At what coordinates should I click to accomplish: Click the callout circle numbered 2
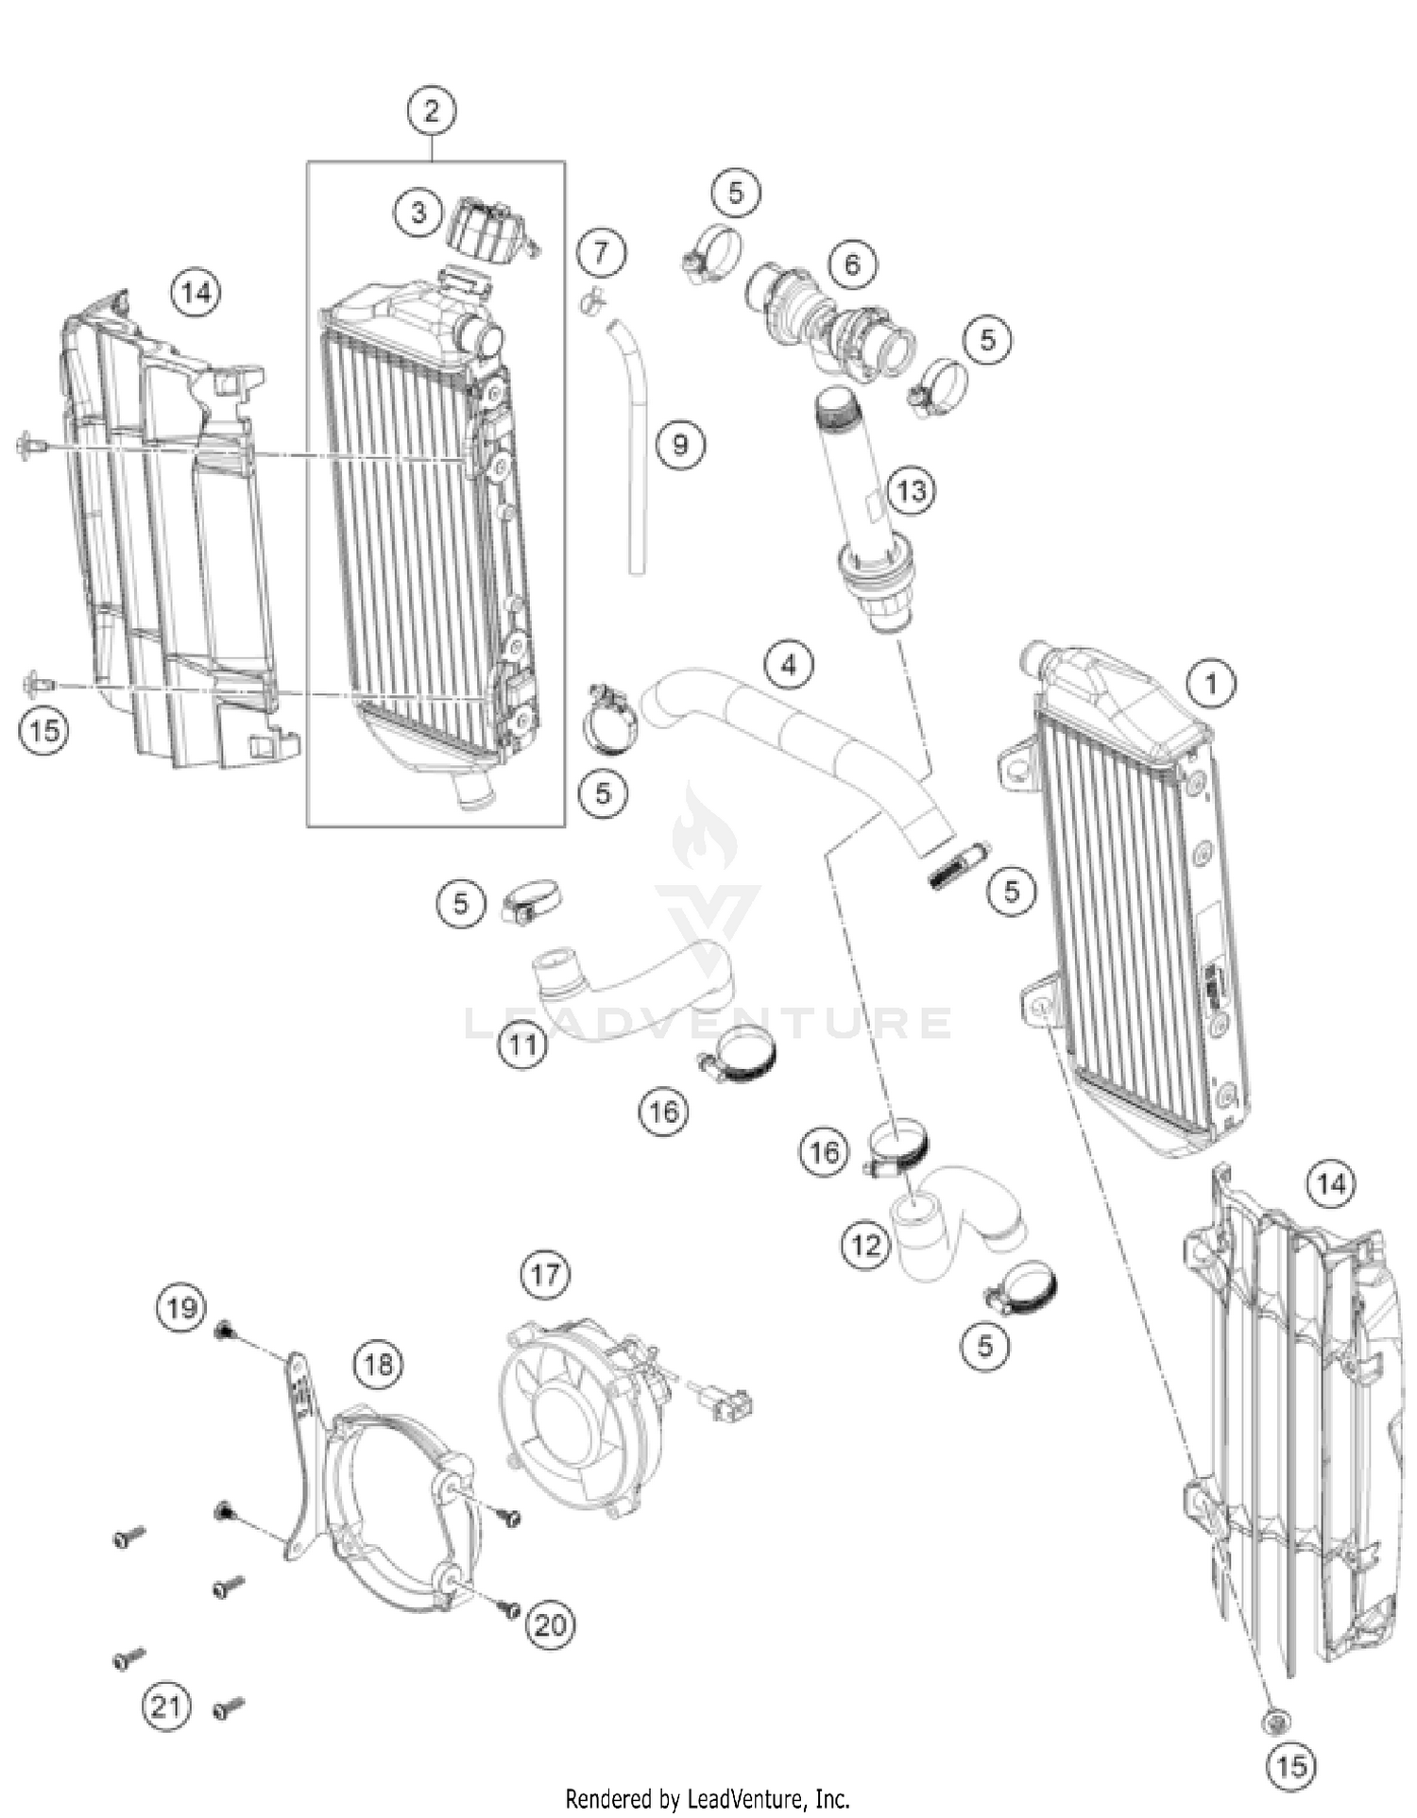(432, 111)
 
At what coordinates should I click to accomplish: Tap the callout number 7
(602, 252)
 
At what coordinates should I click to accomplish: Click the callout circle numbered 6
(852, 263)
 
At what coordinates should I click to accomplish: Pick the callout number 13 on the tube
(912, 490)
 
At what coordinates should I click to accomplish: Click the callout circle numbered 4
(790, 665)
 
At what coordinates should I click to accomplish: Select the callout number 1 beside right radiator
(1212, 682)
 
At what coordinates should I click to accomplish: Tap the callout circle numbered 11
(523, 1045)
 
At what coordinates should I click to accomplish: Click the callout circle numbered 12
(865, 1245)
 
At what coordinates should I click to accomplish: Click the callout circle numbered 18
(378, 1364)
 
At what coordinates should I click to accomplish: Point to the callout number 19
(181, 1308)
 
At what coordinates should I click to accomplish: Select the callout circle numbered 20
(550, 1624)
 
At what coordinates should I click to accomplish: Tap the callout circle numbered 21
(166, 1707)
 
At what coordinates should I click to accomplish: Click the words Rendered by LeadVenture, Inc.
(708, 1798)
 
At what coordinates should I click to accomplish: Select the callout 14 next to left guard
(196, 293)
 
